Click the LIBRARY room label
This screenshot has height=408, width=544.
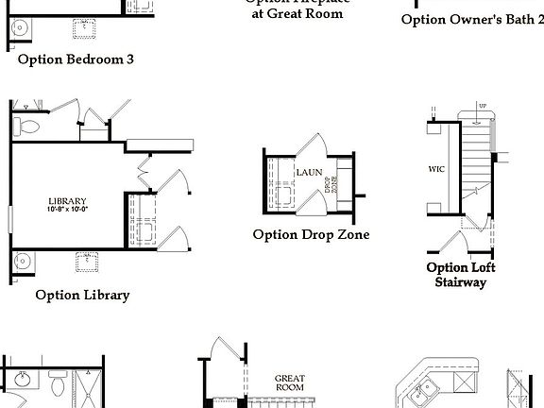click(68, 200)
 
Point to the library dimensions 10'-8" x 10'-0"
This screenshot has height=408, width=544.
click(68, 209)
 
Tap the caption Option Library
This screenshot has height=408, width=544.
click(82, 295)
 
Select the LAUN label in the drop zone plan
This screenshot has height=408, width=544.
click(309, 173)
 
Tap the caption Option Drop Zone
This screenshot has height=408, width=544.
click(311, 234)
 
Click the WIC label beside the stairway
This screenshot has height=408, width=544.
click(436, 171)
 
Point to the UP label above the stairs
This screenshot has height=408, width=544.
click(483, 106)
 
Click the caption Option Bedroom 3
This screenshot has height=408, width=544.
click(76, 59)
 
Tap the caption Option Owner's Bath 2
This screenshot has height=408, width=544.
click(472, 19)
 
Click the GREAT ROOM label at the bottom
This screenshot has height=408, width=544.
click(289, 382)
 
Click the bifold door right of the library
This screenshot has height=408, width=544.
click(145, 175)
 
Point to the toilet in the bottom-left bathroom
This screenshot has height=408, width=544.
click(56, 386)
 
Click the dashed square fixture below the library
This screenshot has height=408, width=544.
click(89, 260)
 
